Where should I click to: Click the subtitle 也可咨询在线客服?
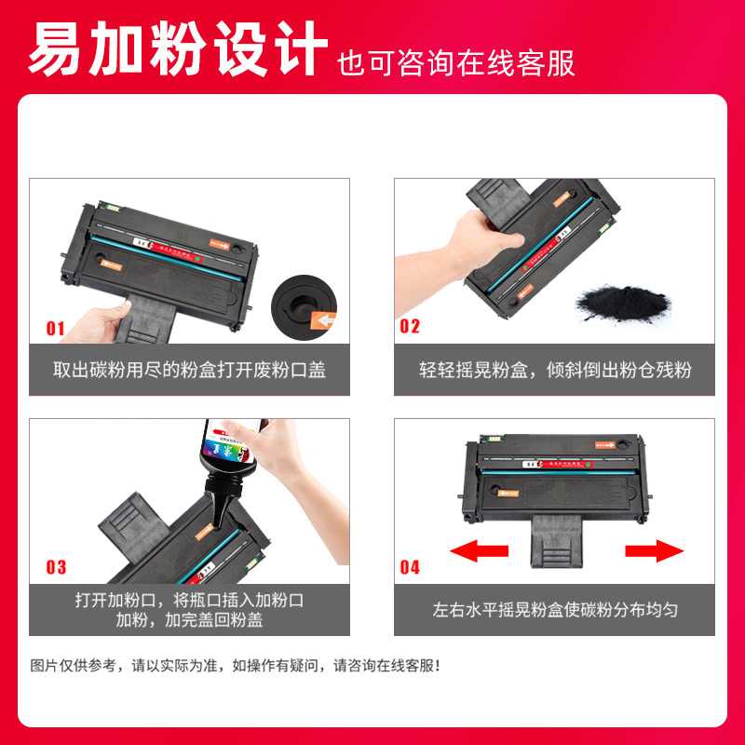pyautogui.click(x=456, y=62)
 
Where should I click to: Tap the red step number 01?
pyautogui.click(x=56, y=328)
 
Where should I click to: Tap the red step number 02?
pyautogui.click(x=410, y=327)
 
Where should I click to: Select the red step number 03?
pyautogui.click(x=56, y=567)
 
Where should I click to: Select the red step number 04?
pyautogui.click(x=410, y=567)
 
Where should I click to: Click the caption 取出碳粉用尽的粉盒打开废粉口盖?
pyautogui.click(x=189, y=370)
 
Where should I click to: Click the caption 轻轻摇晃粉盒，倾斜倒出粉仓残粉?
pyautogui.click(x=555, y=370)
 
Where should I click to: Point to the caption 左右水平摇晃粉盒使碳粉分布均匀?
pyautogui.click(x=555, y=611)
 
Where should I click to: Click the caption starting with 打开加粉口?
pyautogui.click(x=189, y=610)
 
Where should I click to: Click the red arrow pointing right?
pyautogui.click(x=655, y=551)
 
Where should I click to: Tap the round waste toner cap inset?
pyautogui.click(x=300, y=304)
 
